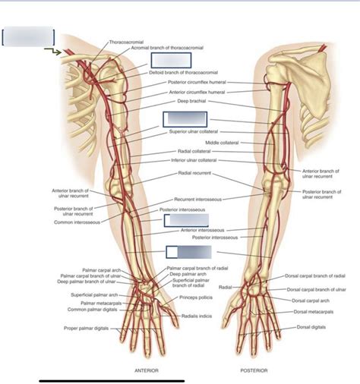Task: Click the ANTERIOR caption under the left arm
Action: point(146,371)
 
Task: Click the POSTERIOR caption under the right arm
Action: point(254,371)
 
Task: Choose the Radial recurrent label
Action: point(195,173)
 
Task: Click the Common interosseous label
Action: point(68,222)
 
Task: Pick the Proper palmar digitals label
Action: point(87,329)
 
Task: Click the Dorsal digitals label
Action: point(312,328)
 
